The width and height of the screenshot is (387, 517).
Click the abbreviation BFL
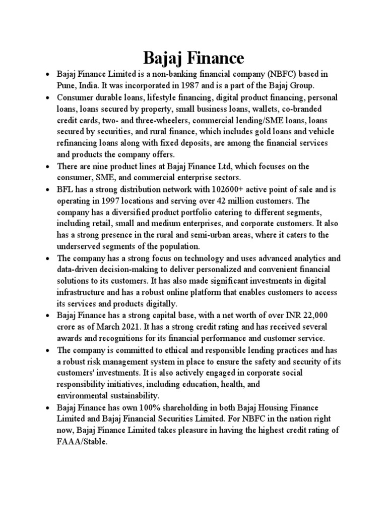click(x=66, y=189)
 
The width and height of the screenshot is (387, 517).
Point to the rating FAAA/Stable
click(x=82, y=441)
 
